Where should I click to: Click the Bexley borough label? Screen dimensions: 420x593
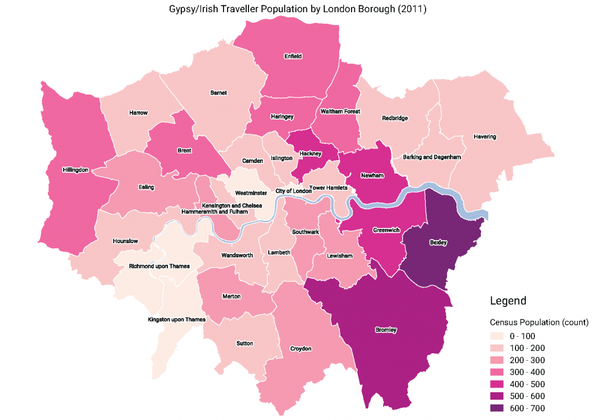438,242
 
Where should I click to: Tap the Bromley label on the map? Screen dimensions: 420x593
386,330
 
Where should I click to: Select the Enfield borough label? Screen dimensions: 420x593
293,56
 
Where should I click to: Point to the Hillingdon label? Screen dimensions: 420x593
75,170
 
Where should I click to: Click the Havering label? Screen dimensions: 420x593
485,137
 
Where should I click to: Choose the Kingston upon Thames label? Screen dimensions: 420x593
177,319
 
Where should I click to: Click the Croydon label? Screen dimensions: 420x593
301,349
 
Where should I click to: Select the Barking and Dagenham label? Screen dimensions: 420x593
431,157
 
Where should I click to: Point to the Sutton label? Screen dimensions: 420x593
244,343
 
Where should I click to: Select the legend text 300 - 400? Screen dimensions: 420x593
527,372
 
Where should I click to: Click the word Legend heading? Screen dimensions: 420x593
508,301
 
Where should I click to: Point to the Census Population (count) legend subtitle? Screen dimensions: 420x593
539,322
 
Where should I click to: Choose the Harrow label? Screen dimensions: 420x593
138,112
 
